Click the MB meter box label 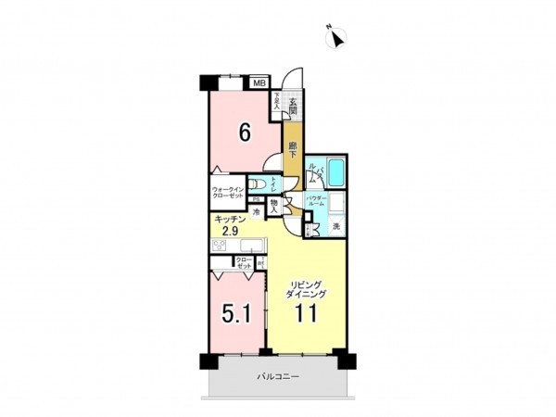pos(261,82)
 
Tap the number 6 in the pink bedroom pos(245,133)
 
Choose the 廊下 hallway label pos(292,151)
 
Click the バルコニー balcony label pos(277,378)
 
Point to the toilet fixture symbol pos(264,186)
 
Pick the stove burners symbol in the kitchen pos(220,246)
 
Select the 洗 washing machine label pos(336,227)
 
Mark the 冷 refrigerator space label pos(255,211)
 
